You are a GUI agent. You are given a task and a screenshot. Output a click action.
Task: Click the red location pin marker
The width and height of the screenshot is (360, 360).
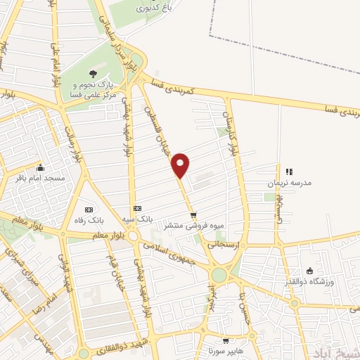click(181, 164)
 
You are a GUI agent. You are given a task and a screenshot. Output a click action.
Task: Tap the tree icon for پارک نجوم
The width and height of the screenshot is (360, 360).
click(92, 73)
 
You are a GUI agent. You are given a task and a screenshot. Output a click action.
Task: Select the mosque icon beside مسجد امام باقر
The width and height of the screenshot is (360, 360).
click(40, 167)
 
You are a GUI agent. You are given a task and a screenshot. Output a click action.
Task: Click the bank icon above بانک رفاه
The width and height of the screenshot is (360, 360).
click(89, 210)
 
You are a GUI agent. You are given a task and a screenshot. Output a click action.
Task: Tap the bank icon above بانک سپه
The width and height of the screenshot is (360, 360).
click(137, 208)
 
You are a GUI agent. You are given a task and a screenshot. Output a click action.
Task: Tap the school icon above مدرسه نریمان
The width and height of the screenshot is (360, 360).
click(288, 172)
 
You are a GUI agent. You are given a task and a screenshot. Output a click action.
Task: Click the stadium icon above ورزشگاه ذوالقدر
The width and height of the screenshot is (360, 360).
click(310, 271)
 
